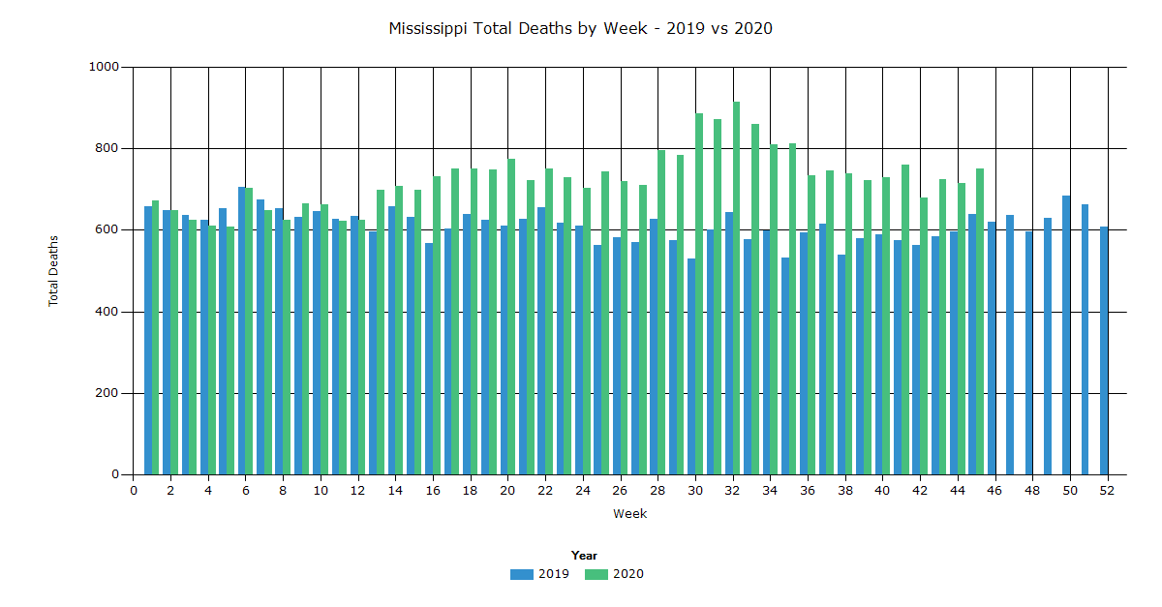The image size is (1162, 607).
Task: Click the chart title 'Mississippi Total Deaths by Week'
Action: tap(580, 28)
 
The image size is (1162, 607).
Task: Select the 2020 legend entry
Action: tap(615, 574)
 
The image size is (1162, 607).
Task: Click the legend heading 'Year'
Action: tap(584, 556)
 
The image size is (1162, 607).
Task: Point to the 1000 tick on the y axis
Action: tap(104, 67)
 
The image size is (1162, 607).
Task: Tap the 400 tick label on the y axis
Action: tap(107, 312)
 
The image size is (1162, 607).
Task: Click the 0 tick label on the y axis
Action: tap(115, 474)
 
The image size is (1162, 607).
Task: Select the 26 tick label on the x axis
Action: tap(621, 491)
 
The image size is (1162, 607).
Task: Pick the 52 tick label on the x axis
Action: tap(1108, 491)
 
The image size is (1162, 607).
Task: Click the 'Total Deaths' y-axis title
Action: tap(54, 271)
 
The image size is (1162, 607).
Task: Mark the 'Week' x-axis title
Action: tap(629, 514)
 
